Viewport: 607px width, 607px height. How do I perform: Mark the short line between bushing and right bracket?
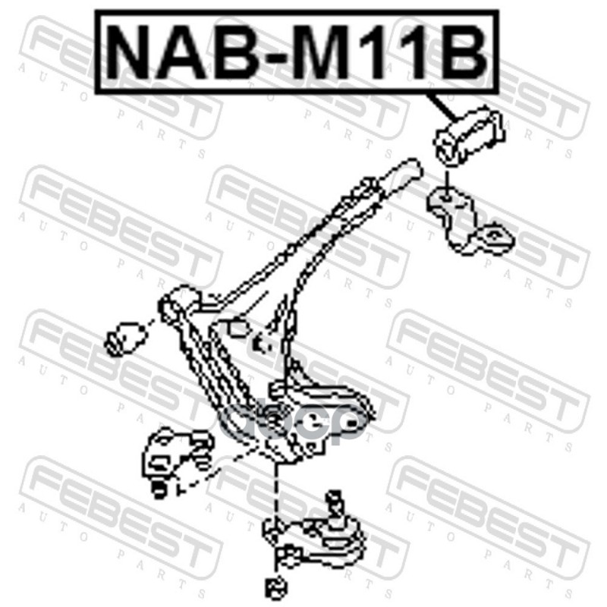click(445, 179)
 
